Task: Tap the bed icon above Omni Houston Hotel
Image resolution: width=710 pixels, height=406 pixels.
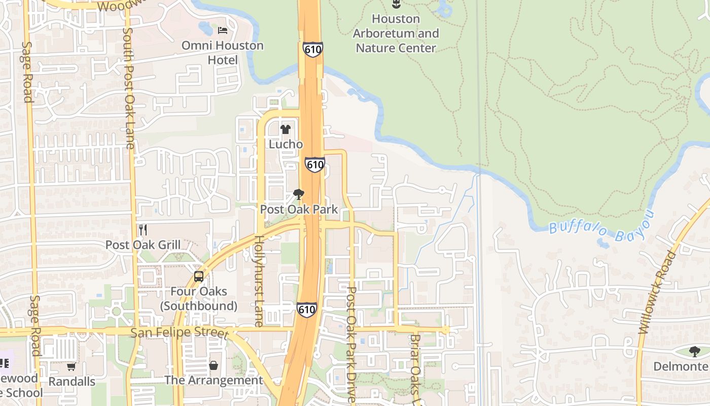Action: tap(223, 30)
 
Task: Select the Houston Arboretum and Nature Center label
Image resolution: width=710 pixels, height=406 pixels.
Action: tap(396, 33)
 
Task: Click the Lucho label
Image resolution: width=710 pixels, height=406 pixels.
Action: tap(286, 144)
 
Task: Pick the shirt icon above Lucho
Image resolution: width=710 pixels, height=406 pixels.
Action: tap(286, 129)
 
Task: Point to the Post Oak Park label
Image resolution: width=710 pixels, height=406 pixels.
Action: tap(299, 209)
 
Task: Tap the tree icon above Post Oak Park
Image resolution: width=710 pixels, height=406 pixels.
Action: tap(299, 194)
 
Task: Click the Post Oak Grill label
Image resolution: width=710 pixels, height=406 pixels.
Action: tap(143, 245)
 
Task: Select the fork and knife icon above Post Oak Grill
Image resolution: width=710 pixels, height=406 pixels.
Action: tap(143, 230)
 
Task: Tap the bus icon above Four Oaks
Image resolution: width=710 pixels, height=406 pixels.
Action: tap(199, 277)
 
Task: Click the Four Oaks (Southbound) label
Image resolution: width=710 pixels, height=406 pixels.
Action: tap(199, 299)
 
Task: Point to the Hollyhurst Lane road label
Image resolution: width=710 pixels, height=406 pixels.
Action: tap(259, 281)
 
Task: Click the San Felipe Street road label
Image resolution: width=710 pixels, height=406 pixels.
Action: tap(180, 333)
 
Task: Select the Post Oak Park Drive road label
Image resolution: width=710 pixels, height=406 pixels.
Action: tap(351, 345)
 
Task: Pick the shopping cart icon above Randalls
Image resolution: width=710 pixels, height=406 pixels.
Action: tap(72, 366)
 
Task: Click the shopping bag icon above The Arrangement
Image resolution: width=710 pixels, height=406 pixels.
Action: tap(214, 365)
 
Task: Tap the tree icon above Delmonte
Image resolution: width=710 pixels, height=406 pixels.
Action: tap(694, 351)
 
